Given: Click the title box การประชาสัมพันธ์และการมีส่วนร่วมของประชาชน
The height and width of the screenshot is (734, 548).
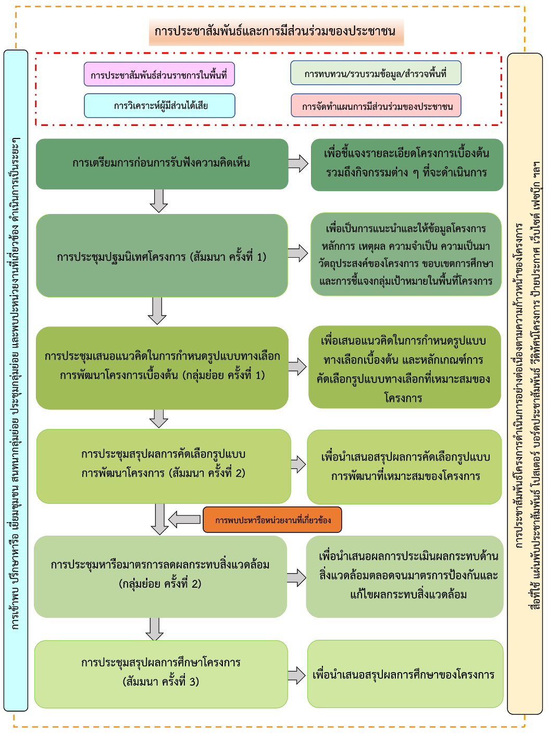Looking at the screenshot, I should click(276, 31).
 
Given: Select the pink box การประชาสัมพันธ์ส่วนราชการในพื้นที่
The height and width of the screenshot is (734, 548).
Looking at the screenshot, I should click(159, 74).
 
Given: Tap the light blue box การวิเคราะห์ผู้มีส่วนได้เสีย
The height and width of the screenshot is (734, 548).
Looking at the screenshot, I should click(159, 106).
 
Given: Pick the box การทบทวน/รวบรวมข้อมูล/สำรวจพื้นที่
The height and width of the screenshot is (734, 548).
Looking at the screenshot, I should click(376, 73).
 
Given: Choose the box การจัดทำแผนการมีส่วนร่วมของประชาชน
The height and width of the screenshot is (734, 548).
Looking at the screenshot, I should click(376, 106).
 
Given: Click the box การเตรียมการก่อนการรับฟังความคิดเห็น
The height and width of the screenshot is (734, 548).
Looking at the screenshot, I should click(161, 163).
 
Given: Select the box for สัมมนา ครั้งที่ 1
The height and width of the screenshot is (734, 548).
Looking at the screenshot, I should click(161, 256).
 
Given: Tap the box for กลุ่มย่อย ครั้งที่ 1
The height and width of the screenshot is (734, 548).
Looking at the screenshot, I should click(161, 368).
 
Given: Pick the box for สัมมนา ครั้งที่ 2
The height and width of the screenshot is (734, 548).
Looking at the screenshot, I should click(163, 465).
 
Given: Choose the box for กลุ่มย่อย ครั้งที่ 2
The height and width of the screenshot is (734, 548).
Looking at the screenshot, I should click(160, 576).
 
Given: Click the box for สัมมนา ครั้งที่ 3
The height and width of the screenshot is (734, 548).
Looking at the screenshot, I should click(161, 674).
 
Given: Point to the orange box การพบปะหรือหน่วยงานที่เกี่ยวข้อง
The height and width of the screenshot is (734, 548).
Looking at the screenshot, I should click(272, 520).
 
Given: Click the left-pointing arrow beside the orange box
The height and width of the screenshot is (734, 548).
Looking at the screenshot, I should click(184, 519).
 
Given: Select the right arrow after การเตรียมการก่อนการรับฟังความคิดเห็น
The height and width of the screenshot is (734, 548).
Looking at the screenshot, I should click(298, 163).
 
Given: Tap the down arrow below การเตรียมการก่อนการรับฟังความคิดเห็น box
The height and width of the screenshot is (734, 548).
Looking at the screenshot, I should click(158, 200).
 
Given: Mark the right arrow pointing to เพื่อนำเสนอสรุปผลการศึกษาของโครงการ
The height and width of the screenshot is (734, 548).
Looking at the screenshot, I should click(297, 675).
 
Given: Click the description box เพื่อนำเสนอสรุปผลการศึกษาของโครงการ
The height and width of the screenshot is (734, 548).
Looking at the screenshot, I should click(405, 675).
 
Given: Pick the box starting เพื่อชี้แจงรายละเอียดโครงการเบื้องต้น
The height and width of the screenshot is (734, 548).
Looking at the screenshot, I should click(407, 164).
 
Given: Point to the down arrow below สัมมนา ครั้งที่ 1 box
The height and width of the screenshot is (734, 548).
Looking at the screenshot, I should click(157, 311).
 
